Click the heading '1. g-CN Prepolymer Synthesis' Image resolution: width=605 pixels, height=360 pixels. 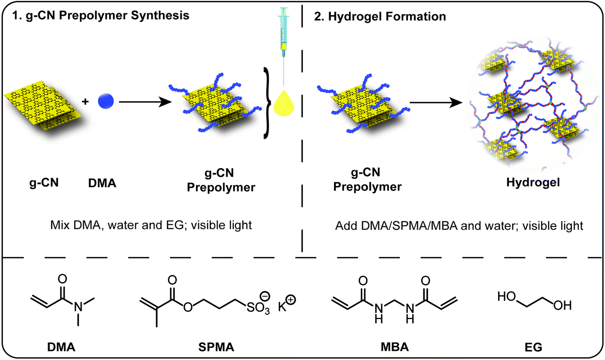pyautogui.click(x=99, y=16)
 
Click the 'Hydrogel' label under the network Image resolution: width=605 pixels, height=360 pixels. pyautogui.click(x=533, y=183)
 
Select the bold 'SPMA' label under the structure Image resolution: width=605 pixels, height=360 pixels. pyautogui.click(x=216, y=347)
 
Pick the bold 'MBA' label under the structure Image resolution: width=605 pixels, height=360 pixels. pyautogui.click(x=394, y=347)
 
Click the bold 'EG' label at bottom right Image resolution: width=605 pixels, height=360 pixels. pyautogui.click(x=534, y=347)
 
